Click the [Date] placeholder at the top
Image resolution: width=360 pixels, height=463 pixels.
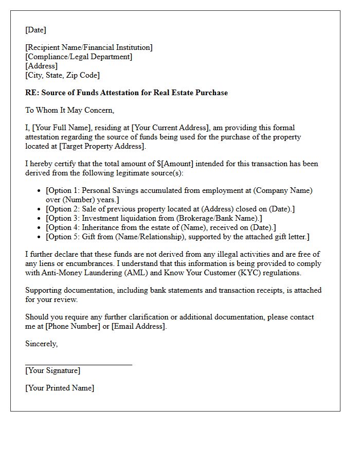point(35,30)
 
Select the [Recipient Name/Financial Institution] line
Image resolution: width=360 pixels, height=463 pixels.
point(88,47)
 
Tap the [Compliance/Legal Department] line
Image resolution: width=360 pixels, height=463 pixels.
point(78,57)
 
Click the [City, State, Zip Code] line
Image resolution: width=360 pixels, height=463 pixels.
point(62,75)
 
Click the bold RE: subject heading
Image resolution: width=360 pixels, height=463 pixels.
point(126,93)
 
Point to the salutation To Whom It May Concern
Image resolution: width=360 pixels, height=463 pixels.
point(69,110)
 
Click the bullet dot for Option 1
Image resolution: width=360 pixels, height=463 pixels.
point(40,191)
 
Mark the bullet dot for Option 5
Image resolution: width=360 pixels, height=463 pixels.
point(40,237)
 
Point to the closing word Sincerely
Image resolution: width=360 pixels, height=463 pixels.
point(41,344)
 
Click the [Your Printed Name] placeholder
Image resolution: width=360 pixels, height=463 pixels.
point(60,388)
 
